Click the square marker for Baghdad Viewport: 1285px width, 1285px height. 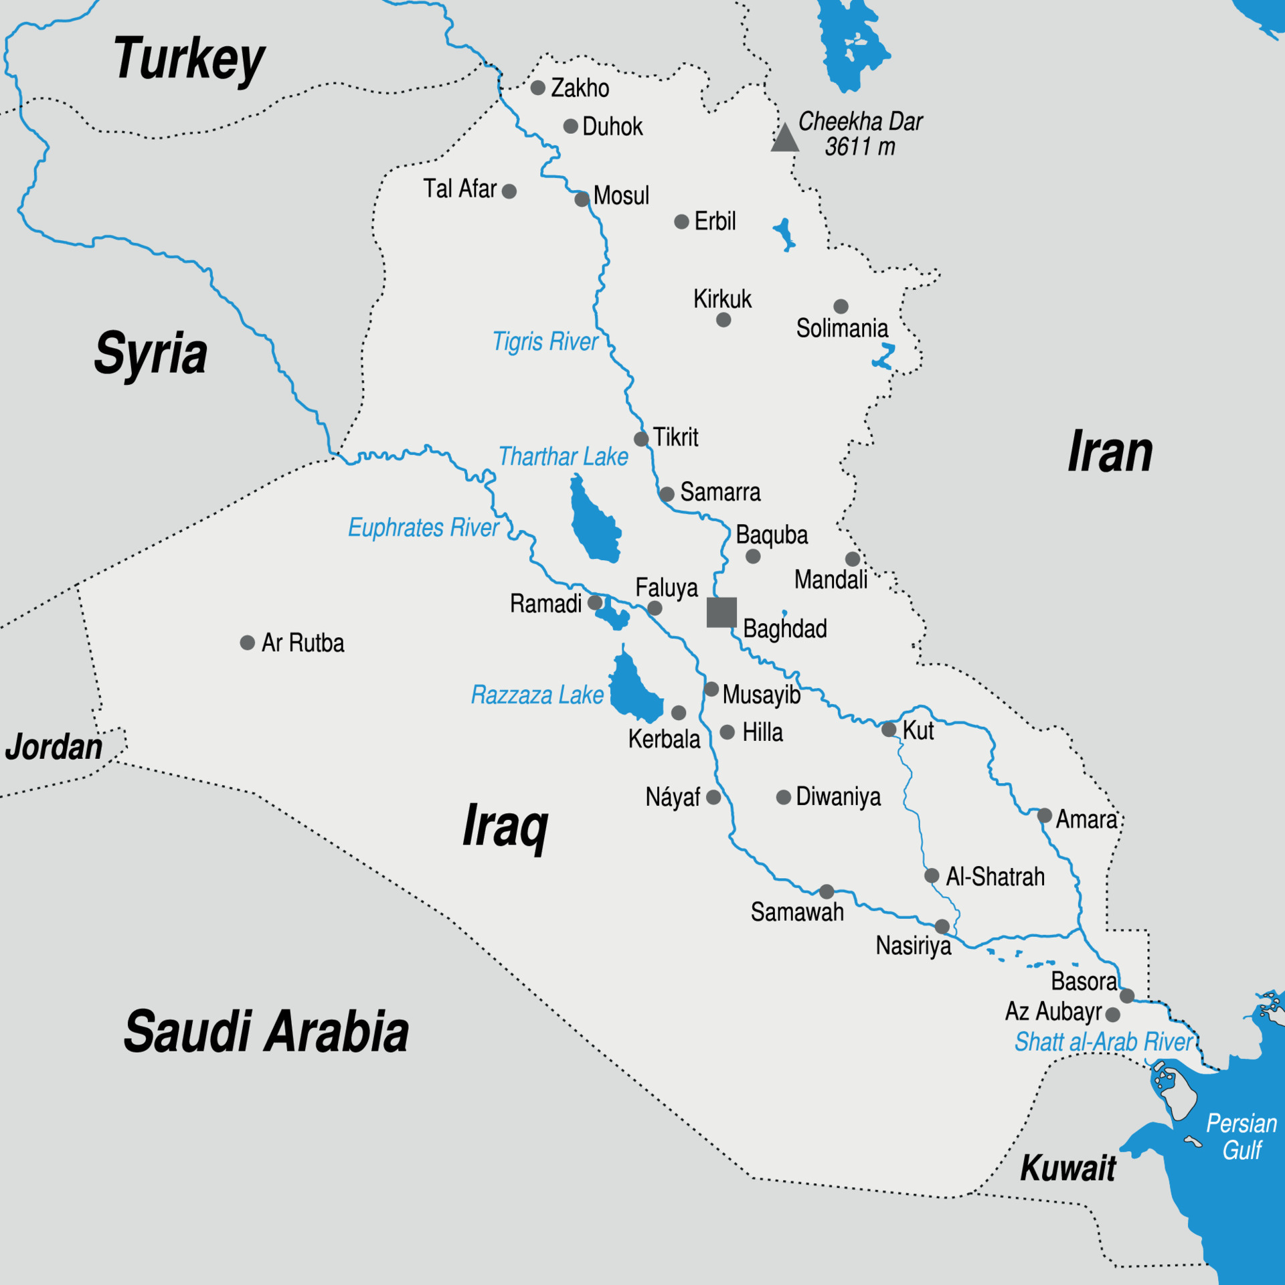pyautogui.click(x=721, y=612)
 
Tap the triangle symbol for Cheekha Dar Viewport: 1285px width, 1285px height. pyautogui.click(x=784, y=139)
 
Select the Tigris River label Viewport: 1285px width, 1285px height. pyautogui.click(x=545, y=342)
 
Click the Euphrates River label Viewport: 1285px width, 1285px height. pyautogui.click(x=423, y=528)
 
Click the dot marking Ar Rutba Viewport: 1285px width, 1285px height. pyautogui.click(x=248, y=642)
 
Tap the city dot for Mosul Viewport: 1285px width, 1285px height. pyautogui.click(x=582, y=199)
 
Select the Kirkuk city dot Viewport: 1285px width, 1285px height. pyautogui.click(x=723, y=320)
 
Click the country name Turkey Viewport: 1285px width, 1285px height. pyautogui.click(x=189, y=60)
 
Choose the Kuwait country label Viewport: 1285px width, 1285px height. pyautogui.click(x=1067, y=1169)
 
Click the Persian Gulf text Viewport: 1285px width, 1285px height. pyautogui.click(x=1241, y=1136)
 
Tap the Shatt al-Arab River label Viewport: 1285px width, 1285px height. pyautogui.click(x=1103, y=1042)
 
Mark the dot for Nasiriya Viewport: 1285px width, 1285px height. pyautogui.click(x=942, y=926)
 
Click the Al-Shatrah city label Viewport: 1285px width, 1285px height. pyautogui.click(x=995, y=877)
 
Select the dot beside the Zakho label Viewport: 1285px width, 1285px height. pyautogui.click(x=538, y=88)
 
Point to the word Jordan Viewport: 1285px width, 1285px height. pyautogui.click(x=54, y=747)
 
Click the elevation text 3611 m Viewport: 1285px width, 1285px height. pyautogui.click(x=859, y=147)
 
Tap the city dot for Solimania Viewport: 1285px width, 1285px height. pyautogui.click(x=841, y=307)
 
